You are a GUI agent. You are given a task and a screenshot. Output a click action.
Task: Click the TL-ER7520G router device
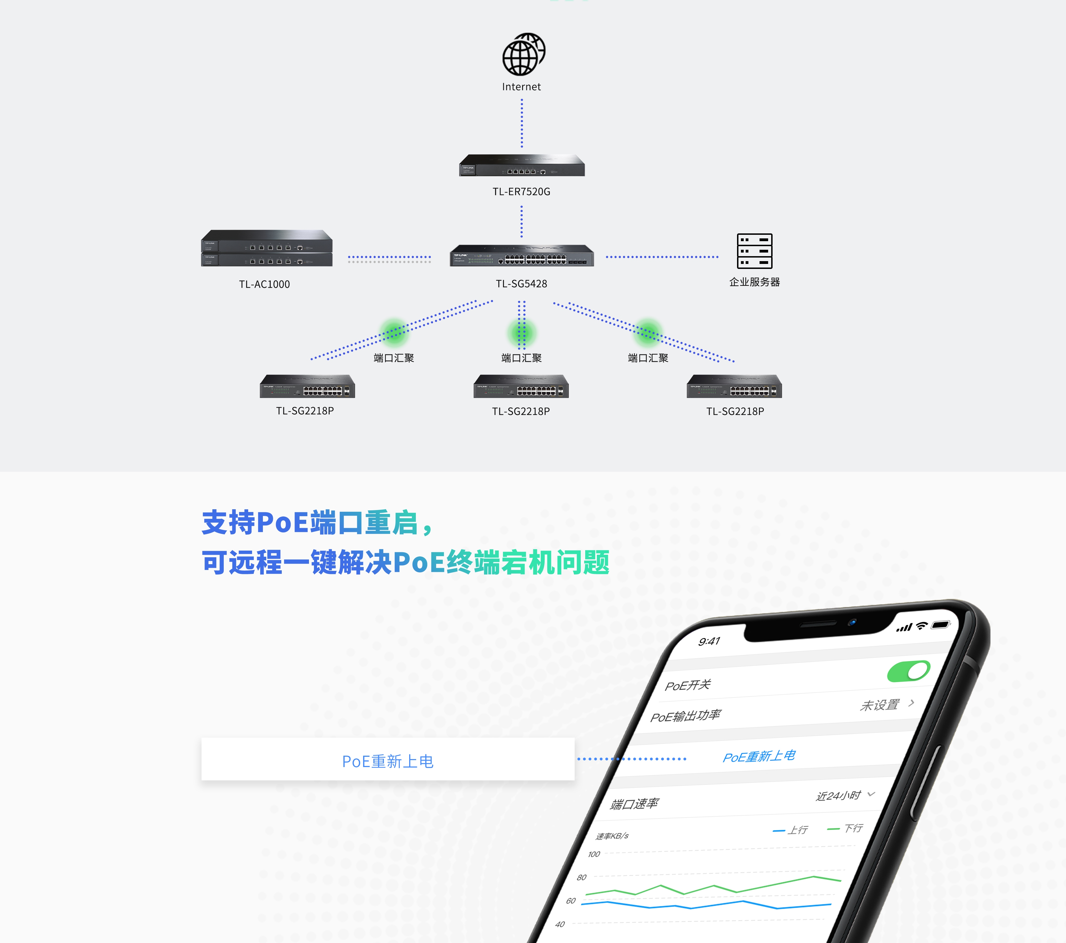[522, 165]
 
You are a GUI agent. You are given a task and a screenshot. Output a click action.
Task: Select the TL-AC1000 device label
[264, 284]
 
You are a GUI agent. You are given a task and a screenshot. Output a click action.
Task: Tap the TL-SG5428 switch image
[522, 255]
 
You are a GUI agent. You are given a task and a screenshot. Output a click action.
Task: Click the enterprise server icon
[754, 251]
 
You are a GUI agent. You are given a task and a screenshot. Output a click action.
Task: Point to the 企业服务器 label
[754, 282]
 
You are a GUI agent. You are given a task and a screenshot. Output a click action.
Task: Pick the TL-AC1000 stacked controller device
[266, 248]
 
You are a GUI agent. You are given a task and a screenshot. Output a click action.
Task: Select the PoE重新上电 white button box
[388, 759]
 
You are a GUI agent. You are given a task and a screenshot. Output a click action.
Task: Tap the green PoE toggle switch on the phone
[909, 671]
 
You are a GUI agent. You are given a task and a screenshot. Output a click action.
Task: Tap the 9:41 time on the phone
[709, 641]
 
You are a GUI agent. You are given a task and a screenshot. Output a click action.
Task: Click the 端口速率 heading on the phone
[635, 804]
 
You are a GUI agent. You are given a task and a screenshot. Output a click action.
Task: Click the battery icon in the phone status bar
[941, 624]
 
